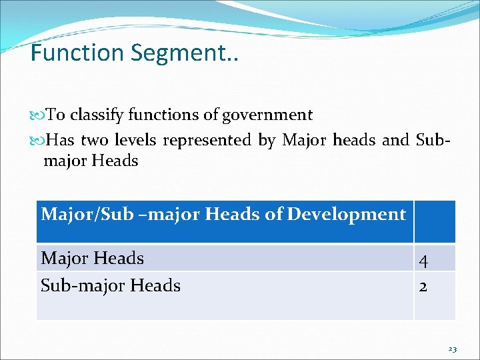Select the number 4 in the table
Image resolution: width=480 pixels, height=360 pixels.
tap(424, 260)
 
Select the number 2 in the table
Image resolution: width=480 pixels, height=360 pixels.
tap(423, 287)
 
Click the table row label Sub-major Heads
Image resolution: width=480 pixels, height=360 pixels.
tap(111, 286)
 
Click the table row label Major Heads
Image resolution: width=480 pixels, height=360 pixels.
tap(93, 258)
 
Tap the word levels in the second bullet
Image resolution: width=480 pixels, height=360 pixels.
tap(135, 140)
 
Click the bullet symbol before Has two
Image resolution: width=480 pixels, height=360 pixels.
tap(36, 141)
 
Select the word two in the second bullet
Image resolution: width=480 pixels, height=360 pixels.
tap(95, 140)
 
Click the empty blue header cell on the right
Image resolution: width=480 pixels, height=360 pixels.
tap(434, 221)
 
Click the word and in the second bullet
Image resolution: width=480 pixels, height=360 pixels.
tap(395, 140)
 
